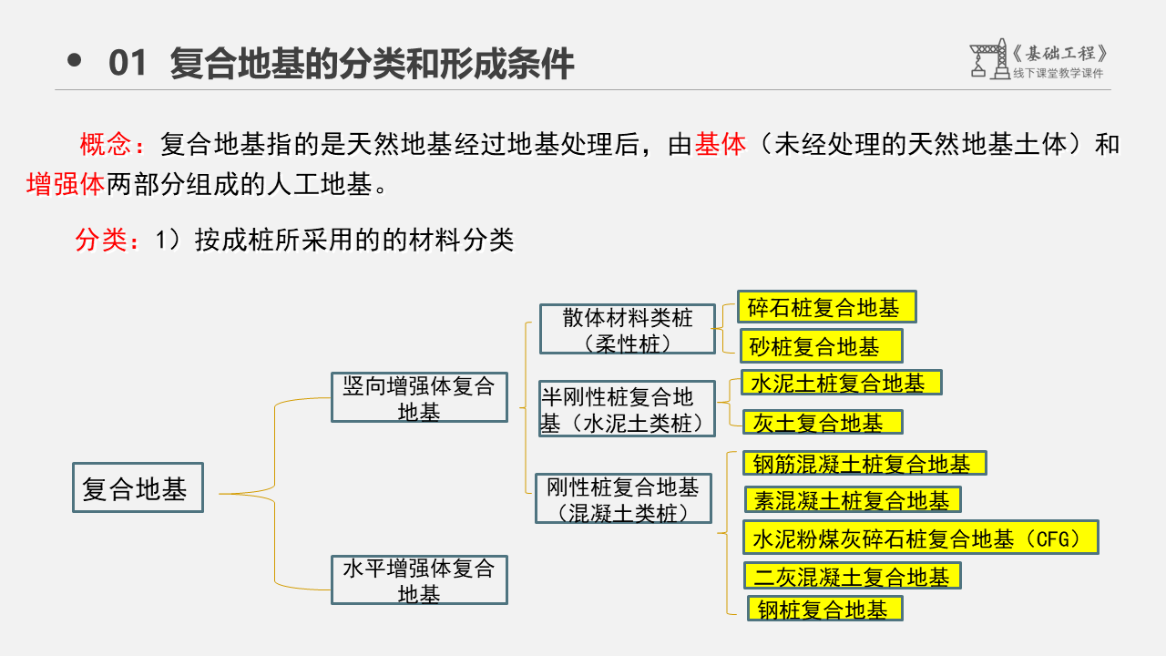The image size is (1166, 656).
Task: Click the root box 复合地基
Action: (x=138, y=487)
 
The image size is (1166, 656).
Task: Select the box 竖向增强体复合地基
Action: (x=419, y=397)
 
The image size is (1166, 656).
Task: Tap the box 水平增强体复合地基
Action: (x=419, y=580)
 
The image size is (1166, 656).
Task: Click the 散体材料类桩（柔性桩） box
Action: (x=628, y=329)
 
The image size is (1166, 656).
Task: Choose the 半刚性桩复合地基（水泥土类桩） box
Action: (x=627, y=408)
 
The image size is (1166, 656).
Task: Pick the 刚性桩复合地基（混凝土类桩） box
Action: (x=623, y=498)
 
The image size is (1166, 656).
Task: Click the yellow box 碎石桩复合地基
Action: (x=826, y=308)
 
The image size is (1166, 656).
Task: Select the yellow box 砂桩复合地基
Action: (x=820, y=346)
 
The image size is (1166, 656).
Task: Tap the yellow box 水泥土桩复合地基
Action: (x=841, y=383)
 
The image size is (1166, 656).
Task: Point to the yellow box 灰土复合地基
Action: (x=823, y=422)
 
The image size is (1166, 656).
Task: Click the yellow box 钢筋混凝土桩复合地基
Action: (x=865, y=464)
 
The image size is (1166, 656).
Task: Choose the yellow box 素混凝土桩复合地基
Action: (x=853, y=500)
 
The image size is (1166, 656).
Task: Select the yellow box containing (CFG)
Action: (x=921, y=538)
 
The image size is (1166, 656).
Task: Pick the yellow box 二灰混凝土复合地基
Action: (x=853, y=576)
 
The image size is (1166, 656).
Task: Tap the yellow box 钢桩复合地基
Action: (x=824, y=609)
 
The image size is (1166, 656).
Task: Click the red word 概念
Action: (x=106, y=144)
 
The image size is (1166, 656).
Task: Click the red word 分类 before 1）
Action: (x=101, y=241)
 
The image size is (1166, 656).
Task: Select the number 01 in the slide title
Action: (x=127, y=64)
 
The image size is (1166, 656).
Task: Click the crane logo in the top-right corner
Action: (x=988, y=59)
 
